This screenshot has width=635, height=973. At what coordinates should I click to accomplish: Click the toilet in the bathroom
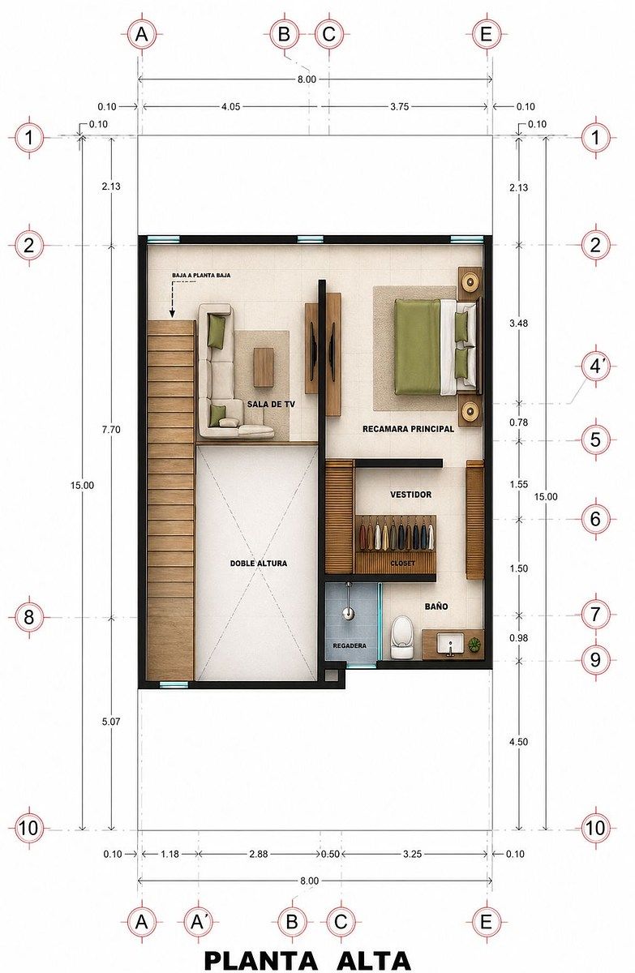pyautogui.click(x=401, y=637)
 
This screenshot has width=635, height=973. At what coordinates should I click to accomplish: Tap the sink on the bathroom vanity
pyautogui.click(x=450, y=644)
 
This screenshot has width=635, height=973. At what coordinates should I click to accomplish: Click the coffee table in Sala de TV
pyautogui.click(x=264, y=367)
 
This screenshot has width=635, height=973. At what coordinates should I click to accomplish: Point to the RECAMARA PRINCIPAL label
pyautogui.click(x=408, y=429)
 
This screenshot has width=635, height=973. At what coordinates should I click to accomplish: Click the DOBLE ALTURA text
pyautogui.click(x=259, y=564)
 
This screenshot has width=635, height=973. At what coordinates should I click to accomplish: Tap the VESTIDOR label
pyautogui.click(x=410, y=495)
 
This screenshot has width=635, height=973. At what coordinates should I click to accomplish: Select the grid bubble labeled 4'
pyautogui.click(x=595, y=367)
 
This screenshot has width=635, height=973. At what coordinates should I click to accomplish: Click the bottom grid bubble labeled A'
pyautogui.click(x=198, y=921)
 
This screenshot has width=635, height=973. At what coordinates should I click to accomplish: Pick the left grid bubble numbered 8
pyautogui.click(x=29, y=617)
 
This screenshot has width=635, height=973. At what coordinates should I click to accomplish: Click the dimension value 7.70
pyautogui.click(x=111, y=430)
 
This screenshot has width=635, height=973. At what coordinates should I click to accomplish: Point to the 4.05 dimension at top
pyautogui.click(x=230, y=106)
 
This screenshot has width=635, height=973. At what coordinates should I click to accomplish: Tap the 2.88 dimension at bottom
pyautogui.click(x=258, y=854)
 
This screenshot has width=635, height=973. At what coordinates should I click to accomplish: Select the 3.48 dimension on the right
pyautogui.click(x=518, y=324)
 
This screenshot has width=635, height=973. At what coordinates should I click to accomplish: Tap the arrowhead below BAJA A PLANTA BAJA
pyautogui.click(x=173, y=313)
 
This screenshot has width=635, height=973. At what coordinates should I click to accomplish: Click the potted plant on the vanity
pyautogui.click(x=474, y=644)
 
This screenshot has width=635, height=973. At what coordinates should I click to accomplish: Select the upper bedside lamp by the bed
pyautogui.click(x=470, y=282)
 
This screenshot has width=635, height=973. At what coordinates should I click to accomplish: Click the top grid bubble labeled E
pyautogui.click(x=486, y=34)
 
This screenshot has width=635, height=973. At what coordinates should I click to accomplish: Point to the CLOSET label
pyautogui.click(x=402, y=564)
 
